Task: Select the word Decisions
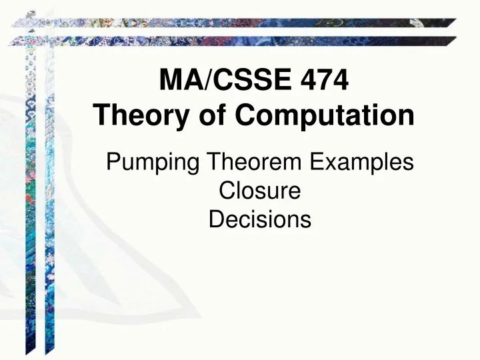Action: tap(260, 219)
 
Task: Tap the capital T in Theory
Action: tap(101, 117)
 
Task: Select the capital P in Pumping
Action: tap(113, 162)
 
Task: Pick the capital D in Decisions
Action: tap(215, 219)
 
